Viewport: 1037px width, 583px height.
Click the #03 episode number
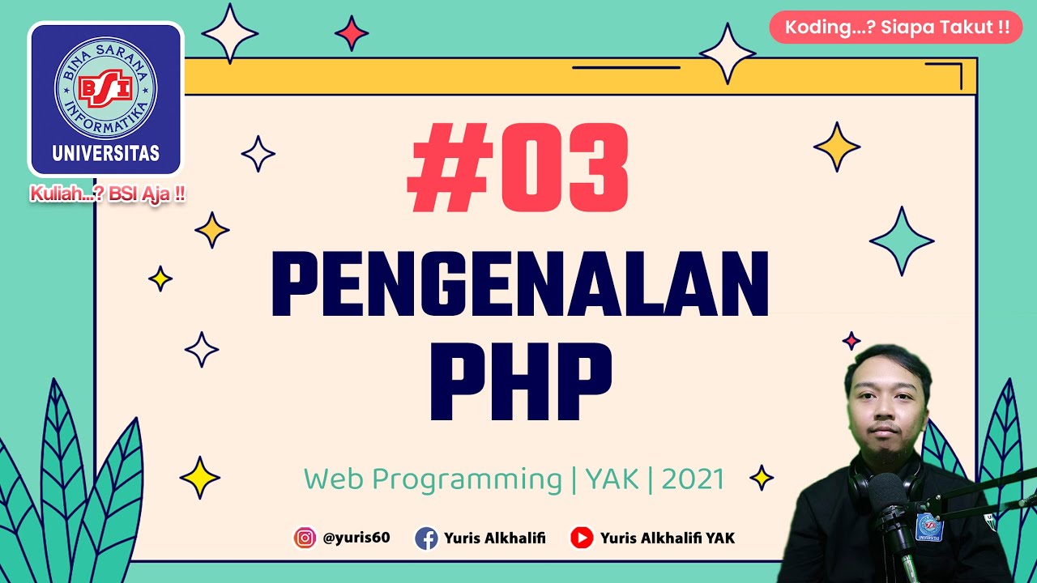pyautogui.click(x=518, y=168)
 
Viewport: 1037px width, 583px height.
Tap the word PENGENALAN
pyautogui.click(x=519, y=284)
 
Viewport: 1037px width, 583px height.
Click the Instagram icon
pyautogui.click(x=305, y=538)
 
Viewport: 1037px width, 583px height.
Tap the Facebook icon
pyautogui.click(x=426, y=538)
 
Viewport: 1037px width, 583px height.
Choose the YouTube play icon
pyautogui.click(x=582, y=538)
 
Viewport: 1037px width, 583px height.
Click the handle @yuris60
pyautogui.click(x=356, y=538)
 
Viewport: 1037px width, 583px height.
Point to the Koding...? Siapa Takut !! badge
pyautogui.click(x=896, y=28)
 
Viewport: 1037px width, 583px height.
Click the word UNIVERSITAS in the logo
pyautogui.click(x=105, y=152)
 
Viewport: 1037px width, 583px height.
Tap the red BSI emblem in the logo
pyautogui.click(x=105, y=87)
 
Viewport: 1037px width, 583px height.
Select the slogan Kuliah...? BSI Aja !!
pyautogui.click(x=108, y=195)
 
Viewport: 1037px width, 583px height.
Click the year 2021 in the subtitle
pyautogui.click(x=693, y=479)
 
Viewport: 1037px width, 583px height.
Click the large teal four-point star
pyautogui.click(x=902, y=240)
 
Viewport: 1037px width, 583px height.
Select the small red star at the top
pyautogui.click(x=352, y=33)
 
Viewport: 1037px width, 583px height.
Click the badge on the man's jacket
pyautogui.click(x=928, y=526)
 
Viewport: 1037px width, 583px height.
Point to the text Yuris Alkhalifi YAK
pyautogui.click(x=667, y=538)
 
